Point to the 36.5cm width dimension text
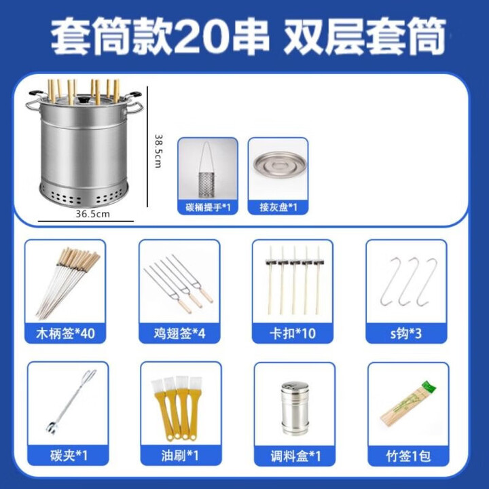92,213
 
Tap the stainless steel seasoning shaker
295,408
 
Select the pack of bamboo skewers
407,404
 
